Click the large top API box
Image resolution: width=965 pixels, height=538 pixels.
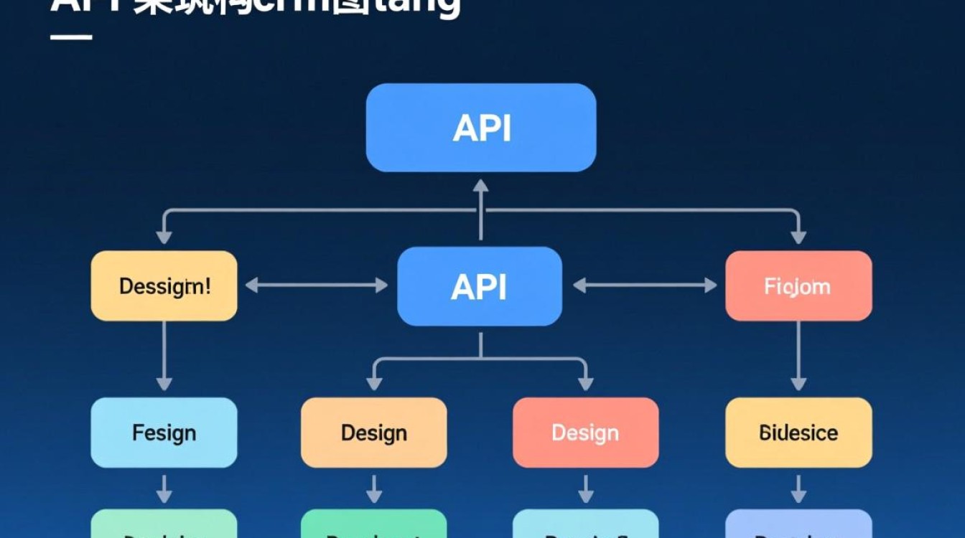tap(480, 128)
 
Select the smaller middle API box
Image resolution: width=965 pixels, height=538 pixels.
tap(480, 286)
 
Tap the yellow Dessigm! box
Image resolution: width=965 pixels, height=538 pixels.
tap(164, 286)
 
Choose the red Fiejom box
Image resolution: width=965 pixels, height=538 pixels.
tap(798, 286)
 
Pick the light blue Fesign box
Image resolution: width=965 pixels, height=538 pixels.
tap(164, 433)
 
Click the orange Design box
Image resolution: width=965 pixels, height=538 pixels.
tap(373, 433)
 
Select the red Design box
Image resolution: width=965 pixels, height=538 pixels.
tap(585, 433)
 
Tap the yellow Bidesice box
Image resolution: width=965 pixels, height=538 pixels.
tap(798, 433)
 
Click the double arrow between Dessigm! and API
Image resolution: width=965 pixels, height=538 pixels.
tap(317, 285)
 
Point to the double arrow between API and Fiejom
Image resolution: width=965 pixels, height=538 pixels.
tap(644, 285)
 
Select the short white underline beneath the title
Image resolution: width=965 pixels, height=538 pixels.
tap(71, 37)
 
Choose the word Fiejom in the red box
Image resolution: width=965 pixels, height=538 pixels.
tap(797, 287)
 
